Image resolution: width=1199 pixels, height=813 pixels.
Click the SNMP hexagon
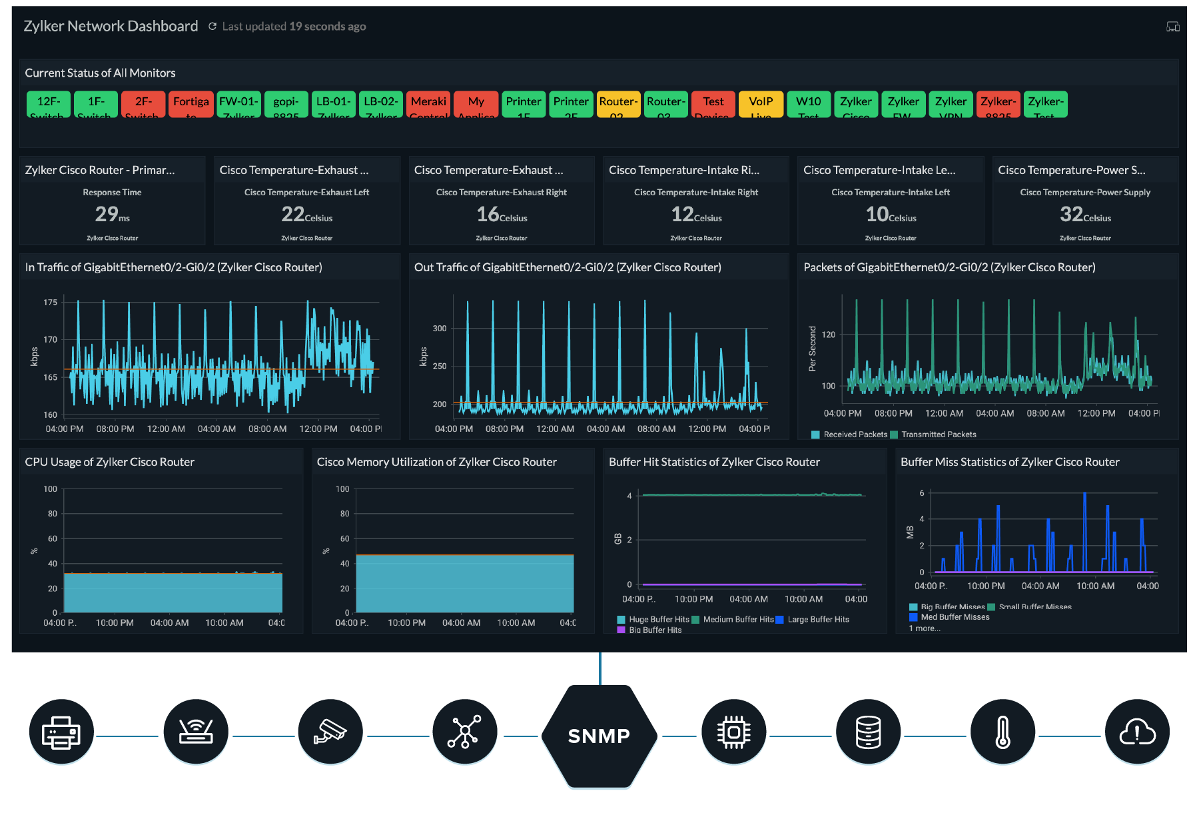[599, 736]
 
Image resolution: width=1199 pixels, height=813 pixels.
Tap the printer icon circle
[61, 732]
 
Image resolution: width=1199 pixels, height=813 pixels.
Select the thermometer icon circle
[1002, 732]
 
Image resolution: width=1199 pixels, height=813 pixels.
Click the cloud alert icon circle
[1137, 732]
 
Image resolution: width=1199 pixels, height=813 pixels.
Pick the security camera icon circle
[330, 732]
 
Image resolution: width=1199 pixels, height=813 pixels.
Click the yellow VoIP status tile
[761, 104]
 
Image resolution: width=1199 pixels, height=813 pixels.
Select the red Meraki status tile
[428, 104]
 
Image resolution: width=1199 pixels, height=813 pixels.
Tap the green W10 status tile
[808, 104]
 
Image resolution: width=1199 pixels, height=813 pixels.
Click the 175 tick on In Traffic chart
[51, 303]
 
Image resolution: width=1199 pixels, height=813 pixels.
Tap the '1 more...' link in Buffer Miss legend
[925, 628]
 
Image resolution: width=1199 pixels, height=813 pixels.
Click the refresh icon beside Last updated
[212, 26]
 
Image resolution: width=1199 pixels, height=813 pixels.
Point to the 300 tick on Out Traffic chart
[440, 329]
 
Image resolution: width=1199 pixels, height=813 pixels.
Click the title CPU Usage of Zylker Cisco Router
[110, 462]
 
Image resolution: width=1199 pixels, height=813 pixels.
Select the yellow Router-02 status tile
[618, 104]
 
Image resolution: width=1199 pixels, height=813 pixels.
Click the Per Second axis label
[812, 349]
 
